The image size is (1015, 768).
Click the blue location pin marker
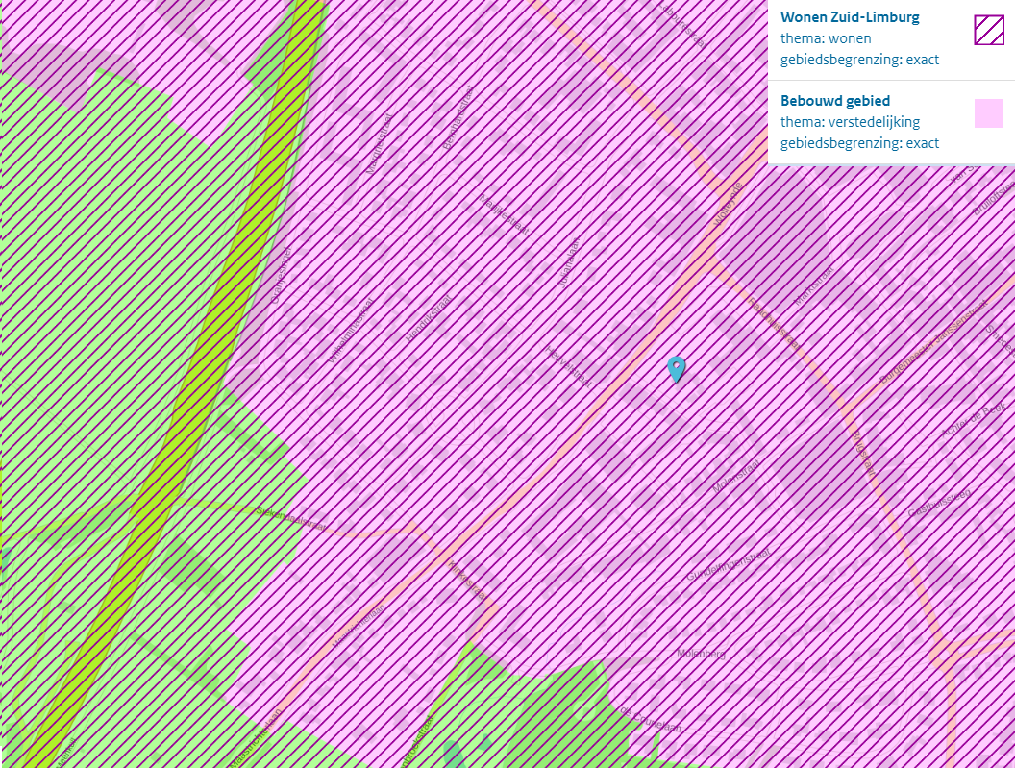pyautogui.click(x=677, y=368)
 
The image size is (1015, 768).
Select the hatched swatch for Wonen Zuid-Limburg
pyautogui.click(x=988, y=31)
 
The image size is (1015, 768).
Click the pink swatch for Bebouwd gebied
pyautogui.click(x=988, y=113)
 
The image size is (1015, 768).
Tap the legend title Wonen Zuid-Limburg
pyautogui.click(x=850, y=17)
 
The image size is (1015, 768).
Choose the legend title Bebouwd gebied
pyautogui.click(x=834, y=100)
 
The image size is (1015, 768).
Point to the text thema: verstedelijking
pyautogui.click(x=850, y=122)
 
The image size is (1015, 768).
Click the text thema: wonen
pyautogui.click(x=826, y=38)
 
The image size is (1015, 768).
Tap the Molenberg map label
pyautogui.click(x=702, y=654)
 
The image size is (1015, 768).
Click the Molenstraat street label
pyautogui.click(x=737, y=476)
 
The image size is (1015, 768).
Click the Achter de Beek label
pyautogui.click(x=973, y=424)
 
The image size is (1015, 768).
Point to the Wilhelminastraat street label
pyautogui.click(x=351, y=331)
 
